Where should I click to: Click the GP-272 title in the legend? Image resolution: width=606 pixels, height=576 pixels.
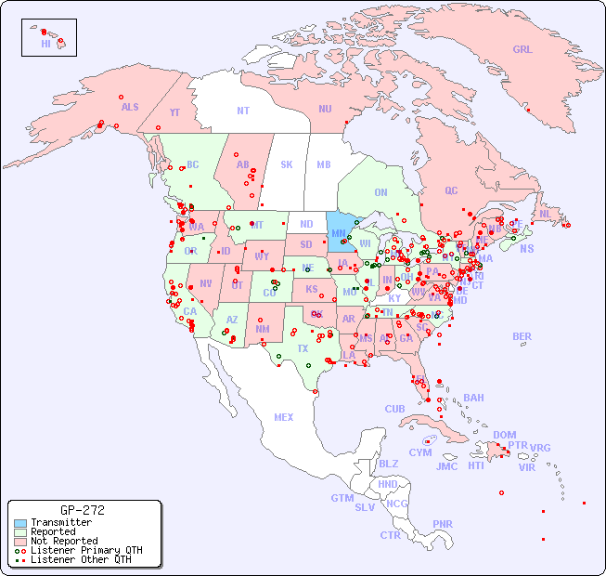82,510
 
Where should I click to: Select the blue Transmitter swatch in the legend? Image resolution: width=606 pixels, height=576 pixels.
19,523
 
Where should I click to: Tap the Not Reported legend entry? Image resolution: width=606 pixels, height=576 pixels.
63,541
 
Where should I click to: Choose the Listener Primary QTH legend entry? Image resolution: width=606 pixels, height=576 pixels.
85,550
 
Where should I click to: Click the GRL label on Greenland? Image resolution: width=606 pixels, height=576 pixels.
522,50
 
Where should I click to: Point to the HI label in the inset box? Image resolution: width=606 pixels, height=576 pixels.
45,44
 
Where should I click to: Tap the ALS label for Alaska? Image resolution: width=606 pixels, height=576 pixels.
130,107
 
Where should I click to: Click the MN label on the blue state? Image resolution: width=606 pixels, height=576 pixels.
339,233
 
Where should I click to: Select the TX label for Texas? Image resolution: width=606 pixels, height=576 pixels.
302,349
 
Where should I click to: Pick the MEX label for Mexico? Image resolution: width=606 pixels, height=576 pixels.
284,417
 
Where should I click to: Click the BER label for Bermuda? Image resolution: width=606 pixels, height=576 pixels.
522,336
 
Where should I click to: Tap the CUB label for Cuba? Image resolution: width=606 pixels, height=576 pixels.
394,409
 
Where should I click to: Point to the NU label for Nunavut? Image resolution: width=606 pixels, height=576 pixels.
325,109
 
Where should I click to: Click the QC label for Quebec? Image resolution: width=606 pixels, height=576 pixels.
451,190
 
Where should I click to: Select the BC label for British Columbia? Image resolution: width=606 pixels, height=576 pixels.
192,164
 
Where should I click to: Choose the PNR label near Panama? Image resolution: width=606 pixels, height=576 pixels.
443,524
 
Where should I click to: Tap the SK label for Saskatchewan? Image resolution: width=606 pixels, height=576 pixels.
286,164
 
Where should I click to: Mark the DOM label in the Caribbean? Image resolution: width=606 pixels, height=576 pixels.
504,435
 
